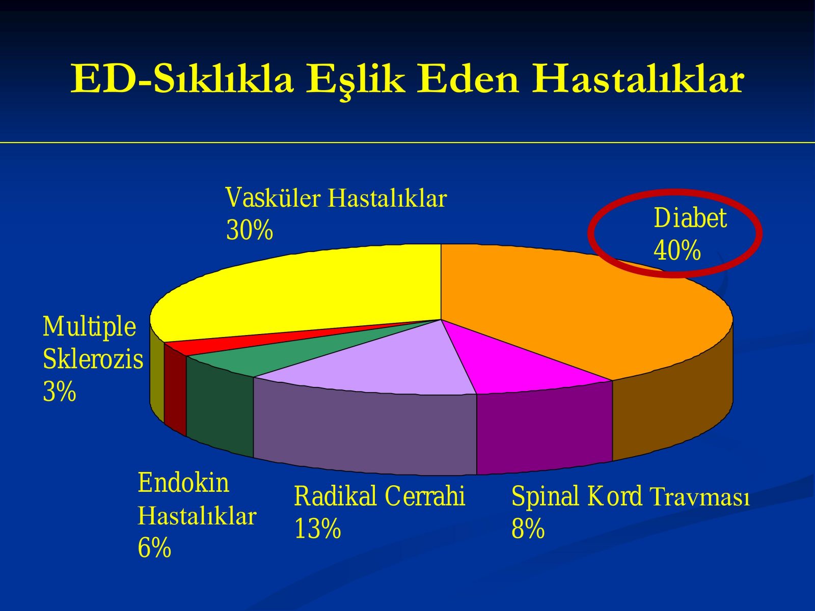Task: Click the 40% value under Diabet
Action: (x=677, y=251)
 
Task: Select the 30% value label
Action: (x=250, y=230)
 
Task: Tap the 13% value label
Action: (x=317, y=529)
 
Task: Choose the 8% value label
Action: (x=528, y=529)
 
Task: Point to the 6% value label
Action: (x=154, y=547)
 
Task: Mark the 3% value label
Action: (x=60, y=392)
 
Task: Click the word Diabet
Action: (x=690, y=218)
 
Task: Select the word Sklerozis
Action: (x=93, y=359)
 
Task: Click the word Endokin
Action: (x=183, y=483)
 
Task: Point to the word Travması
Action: (x=699, y=496)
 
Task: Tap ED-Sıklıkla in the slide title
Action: (x=182, y=78)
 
